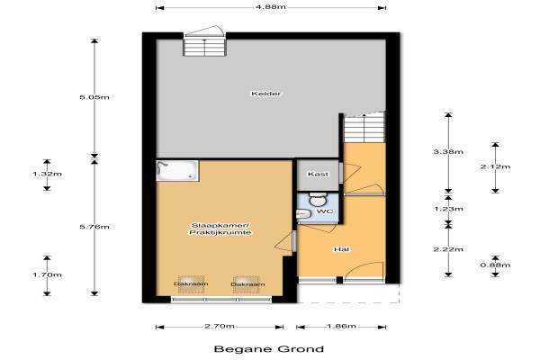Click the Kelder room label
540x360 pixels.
(265, 94)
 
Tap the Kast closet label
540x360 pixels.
(318, 175)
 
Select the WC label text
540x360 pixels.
(325, 211)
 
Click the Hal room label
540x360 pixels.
(342, 249)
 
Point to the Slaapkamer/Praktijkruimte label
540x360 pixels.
(220, 229)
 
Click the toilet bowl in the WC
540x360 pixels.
(318, 199)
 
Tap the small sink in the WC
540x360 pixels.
(304, 214)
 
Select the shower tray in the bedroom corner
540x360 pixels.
(177, 170)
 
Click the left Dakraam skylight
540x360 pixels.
(191, 284)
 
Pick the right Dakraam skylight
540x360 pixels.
(247, 284)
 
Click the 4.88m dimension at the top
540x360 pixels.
(272, 7)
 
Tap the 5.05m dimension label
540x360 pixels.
(94, 97)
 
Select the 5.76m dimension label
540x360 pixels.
(94, 227)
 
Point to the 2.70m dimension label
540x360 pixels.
(220, 326)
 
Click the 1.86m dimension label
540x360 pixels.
(341, 326)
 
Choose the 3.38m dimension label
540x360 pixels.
(448, 151)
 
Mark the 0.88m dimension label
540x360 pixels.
(495, 265)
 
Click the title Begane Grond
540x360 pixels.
(269, 349)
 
